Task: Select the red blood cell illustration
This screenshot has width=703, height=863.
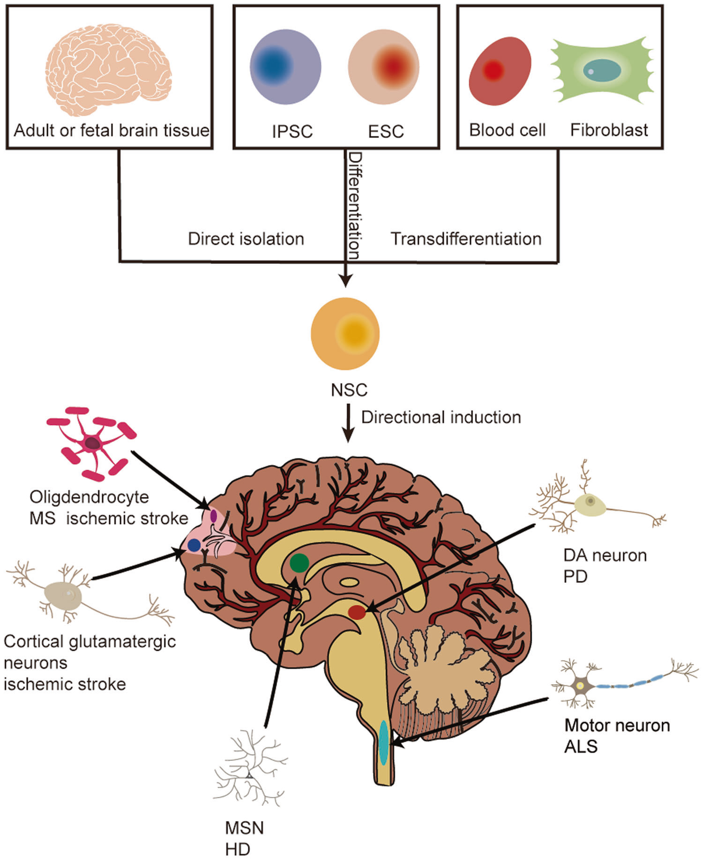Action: tap(500, 71)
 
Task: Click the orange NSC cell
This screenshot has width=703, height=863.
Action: tap(345, 334)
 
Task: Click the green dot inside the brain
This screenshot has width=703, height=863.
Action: tap(299, 563)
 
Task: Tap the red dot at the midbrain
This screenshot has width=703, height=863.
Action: tap(357, 612)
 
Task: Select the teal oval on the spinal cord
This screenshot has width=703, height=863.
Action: tap(384, 742)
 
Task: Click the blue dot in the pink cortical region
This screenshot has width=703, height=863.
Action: tap(194, 545)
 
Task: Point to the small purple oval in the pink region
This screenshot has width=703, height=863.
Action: tap(214, 516)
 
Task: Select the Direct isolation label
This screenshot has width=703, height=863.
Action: tap(246, 239)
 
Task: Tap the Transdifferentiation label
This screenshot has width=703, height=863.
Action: tap(466, 239)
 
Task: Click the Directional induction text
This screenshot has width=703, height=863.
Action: tap(441, 417)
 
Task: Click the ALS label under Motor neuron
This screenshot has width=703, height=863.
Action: tap(581, 746)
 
